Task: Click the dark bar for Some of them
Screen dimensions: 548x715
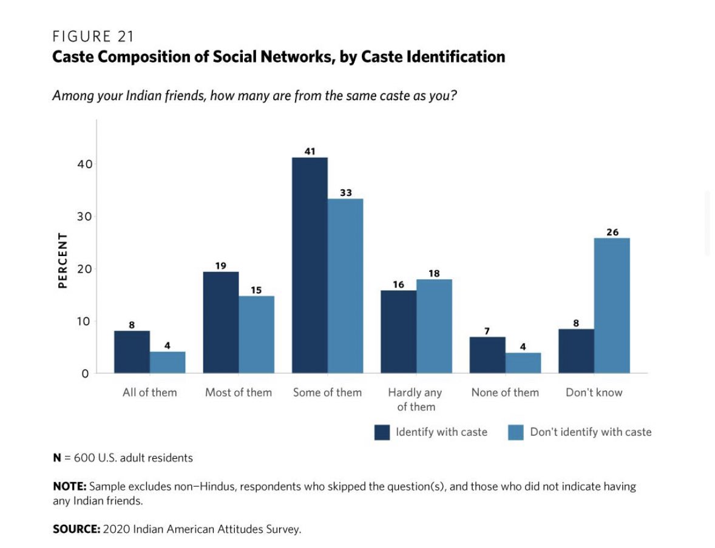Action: (310, 265)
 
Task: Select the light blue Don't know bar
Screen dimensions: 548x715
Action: (612, 305)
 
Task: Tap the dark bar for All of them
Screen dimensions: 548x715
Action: (132, 352)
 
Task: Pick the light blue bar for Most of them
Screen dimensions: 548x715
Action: (256, 334)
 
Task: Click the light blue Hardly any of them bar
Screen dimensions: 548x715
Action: (434, 326)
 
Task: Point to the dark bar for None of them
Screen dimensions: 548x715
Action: (487, 355)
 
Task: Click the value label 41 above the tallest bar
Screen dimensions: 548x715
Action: (310, 151)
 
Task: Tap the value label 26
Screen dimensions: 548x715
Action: (612, 232)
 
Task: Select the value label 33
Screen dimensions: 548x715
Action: (345, 192)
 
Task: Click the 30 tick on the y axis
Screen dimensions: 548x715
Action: (83, 217)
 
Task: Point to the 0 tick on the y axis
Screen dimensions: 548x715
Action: (86, 374)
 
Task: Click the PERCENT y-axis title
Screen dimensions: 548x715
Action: (62, 260)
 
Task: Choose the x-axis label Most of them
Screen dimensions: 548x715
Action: (238, 393)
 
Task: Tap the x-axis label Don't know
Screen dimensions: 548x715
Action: (594, 393)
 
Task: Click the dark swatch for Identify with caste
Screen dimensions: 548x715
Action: (382, 432)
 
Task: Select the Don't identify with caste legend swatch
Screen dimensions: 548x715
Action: (515, 432)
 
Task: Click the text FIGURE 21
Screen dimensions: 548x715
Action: (93, 36)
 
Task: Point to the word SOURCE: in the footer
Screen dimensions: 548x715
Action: (76, 529)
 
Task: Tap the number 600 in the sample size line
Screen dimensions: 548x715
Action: (84, 458)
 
